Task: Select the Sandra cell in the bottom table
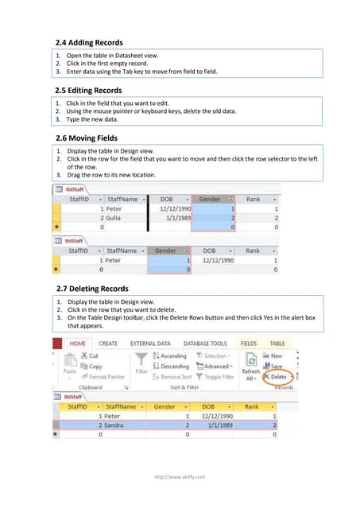(x=119, y=425)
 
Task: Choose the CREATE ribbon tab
(x=108, y=344)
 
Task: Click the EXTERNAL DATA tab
(x=150, y=344)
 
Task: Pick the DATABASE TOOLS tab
(x=205, y=344)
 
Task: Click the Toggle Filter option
(x=215, y=377)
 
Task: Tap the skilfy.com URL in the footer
(x=180, y=476)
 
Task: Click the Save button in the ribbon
(x=273, y=366)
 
